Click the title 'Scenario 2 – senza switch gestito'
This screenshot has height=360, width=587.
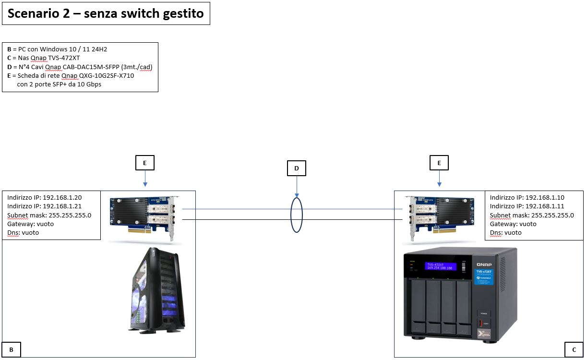[106, 14]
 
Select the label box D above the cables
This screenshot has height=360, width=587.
[296, 168]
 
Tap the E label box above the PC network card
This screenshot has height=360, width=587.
[145, 163]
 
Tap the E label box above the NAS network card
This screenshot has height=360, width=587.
[439, 163]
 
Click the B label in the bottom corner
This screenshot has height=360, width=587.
[12, 350]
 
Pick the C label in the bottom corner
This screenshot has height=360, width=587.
[574, 350]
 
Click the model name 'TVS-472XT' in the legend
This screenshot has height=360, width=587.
[65, 58]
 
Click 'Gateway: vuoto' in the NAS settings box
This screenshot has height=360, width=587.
[513, 224]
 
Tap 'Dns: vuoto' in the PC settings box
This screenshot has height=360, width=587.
[23, 233]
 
